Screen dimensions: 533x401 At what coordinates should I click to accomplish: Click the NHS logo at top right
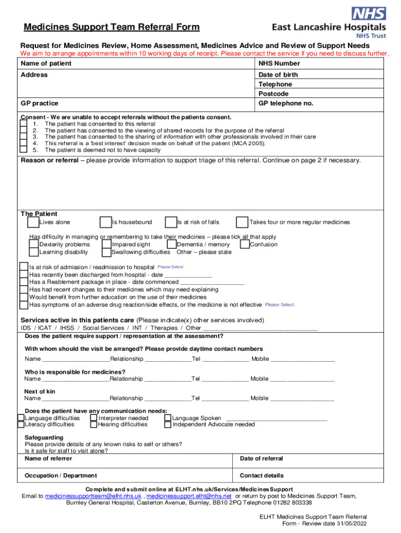point(369,14)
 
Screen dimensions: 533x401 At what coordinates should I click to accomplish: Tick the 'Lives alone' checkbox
point(33,222)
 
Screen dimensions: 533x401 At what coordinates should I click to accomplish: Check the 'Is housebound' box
point(106,222)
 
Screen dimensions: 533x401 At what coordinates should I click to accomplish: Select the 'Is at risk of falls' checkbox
point(171,222)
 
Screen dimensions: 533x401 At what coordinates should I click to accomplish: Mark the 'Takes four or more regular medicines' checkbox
point(242,222)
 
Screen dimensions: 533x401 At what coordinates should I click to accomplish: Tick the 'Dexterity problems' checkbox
point(34,244)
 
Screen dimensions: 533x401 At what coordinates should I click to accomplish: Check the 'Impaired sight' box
point(106,244)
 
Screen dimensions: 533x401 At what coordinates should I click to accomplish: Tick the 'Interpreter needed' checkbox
point(93,417)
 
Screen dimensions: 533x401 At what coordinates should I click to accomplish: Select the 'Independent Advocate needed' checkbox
point(168,425)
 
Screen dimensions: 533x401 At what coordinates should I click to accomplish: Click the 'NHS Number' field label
point(279,64)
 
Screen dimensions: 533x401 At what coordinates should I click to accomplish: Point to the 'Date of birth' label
point(278,75)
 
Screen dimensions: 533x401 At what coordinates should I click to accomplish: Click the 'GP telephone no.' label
point(286,104)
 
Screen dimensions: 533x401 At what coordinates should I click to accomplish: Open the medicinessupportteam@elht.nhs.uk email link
point(93,496)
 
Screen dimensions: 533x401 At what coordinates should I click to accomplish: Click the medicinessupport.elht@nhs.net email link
point(189,496)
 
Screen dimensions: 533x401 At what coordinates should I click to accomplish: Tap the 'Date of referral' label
point(261,459)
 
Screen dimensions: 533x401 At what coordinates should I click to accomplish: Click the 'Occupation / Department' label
point(60,475)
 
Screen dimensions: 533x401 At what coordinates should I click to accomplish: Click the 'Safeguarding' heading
point(44,437)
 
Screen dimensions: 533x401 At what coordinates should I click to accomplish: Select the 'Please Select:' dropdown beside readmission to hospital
point(171,267)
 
